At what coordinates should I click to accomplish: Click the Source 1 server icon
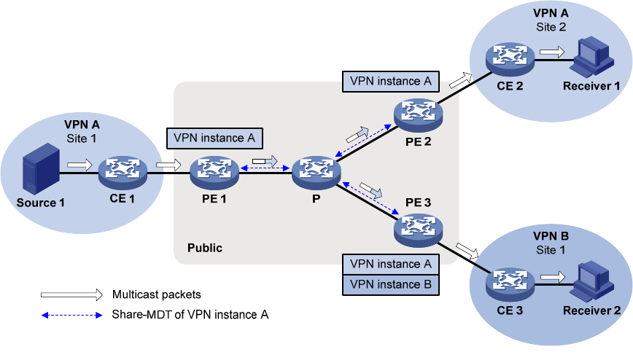(x=40, y=169)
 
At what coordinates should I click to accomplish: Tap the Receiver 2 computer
(x=591, y=280)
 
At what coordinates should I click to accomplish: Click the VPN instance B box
(x=391, y=284)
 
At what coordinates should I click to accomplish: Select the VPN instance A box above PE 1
(x=214, y=138)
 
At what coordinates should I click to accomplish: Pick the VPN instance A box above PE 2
(x=390, y=82)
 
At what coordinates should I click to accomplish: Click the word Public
(x=204, y=249)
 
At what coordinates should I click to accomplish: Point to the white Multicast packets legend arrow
(x=71, y=295)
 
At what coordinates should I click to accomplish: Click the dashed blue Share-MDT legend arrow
(x=71, y=315)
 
